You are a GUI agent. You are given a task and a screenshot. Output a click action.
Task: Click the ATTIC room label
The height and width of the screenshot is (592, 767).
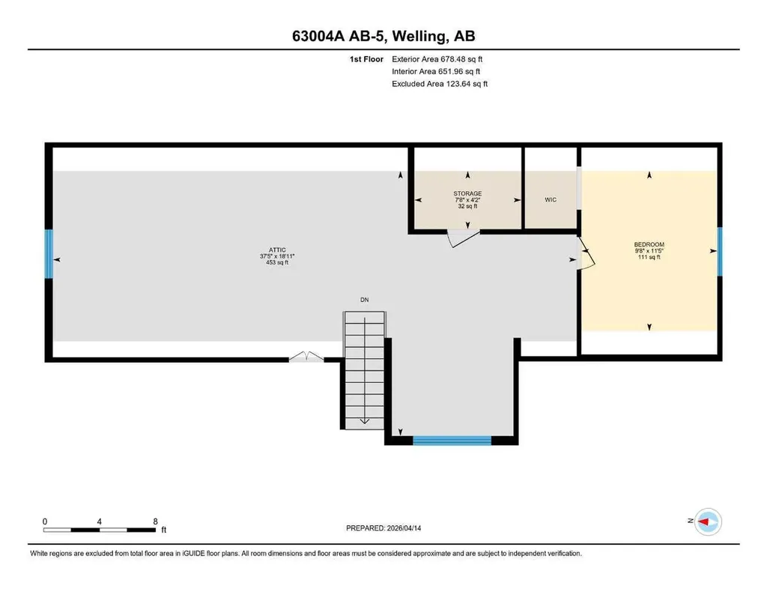click(x=277, y=250)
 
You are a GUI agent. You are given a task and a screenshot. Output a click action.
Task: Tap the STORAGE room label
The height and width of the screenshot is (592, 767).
click(x=467, y=194)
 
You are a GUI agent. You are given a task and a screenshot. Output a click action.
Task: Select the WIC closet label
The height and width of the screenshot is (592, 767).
click(x=551, y=199)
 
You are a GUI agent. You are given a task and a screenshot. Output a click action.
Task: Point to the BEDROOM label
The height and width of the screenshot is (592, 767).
click(x=649, y=244)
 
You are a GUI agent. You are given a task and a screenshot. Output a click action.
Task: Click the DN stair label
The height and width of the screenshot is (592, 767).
click(x=365, y=300)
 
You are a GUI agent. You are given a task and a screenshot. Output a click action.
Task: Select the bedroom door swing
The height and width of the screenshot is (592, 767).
click(x=586, y=253)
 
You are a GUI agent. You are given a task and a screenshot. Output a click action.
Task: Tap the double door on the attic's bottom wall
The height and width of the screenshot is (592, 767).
click(x=306, y=357)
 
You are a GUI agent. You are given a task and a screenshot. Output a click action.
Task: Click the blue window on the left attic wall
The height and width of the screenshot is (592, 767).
click(x=49, y=254)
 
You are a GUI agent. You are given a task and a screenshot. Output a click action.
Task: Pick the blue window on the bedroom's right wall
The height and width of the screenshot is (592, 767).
click(x=720, y=252)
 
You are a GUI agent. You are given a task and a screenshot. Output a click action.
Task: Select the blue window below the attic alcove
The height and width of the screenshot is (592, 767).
click(x=452, y=441)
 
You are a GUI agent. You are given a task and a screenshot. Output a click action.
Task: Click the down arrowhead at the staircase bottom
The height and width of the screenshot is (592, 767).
click(x=365, y=421)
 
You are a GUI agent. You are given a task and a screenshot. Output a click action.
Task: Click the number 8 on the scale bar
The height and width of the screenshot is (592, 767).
click(x=156, y=522)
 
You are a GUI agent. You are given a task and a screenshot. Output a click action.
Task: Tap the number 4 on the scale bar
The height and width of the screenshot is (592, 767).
click(x=100, y=522)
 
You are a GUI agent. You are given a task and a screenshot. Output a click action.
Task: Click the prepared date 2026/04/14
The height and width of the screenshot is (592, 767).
click(x=404, y=528)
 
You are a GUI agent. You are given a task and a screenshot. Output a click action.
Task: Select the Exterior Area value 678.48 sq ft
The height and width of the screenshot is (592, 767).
click(x=461, y=59)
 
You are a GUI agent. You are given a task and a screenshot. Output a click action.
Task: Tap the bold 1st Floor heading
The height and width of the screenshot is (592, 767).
click(x=366, y=59)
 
